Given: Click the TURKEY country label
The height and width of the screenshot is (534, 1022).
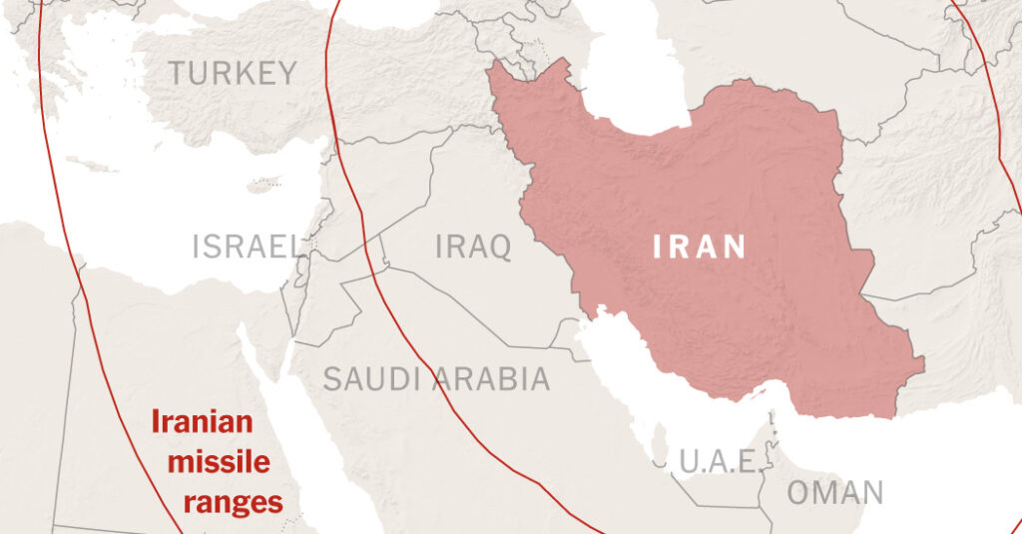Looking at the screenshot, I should tap(232, 73).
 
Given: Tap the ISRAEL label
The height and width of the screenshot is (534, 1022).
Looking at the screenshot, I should tap(248, 246).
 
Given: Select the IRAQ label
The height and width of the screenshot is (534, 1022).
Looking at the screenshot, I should tap(473, 246).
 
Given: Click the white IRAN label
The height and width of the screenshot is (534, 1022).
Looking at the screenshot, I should tap(700, 246).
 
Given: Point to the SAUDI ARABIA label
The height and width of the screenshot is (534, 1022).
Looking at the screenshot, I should tap(435, 379).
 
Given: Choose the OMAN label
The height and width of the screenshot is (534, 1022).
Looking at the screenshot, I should tap(835, 492).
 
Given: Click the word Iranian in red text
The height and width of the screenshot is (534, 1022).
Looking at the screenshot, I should tap(203, 423).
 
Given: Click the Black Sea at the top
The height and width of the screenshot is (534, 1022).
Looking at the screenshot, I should tap(379, 12).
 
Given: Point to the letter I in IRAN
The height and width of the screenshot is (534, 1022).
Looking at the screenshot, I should tap(657, 246).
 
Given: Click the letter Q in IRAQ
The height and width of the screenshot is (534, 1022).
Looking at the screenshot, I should tap(498, 246).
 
